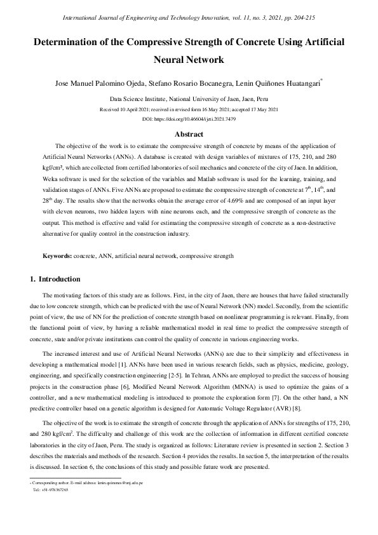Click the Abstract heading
pos(189,134)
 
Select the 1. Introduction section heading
pos(55,279)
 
